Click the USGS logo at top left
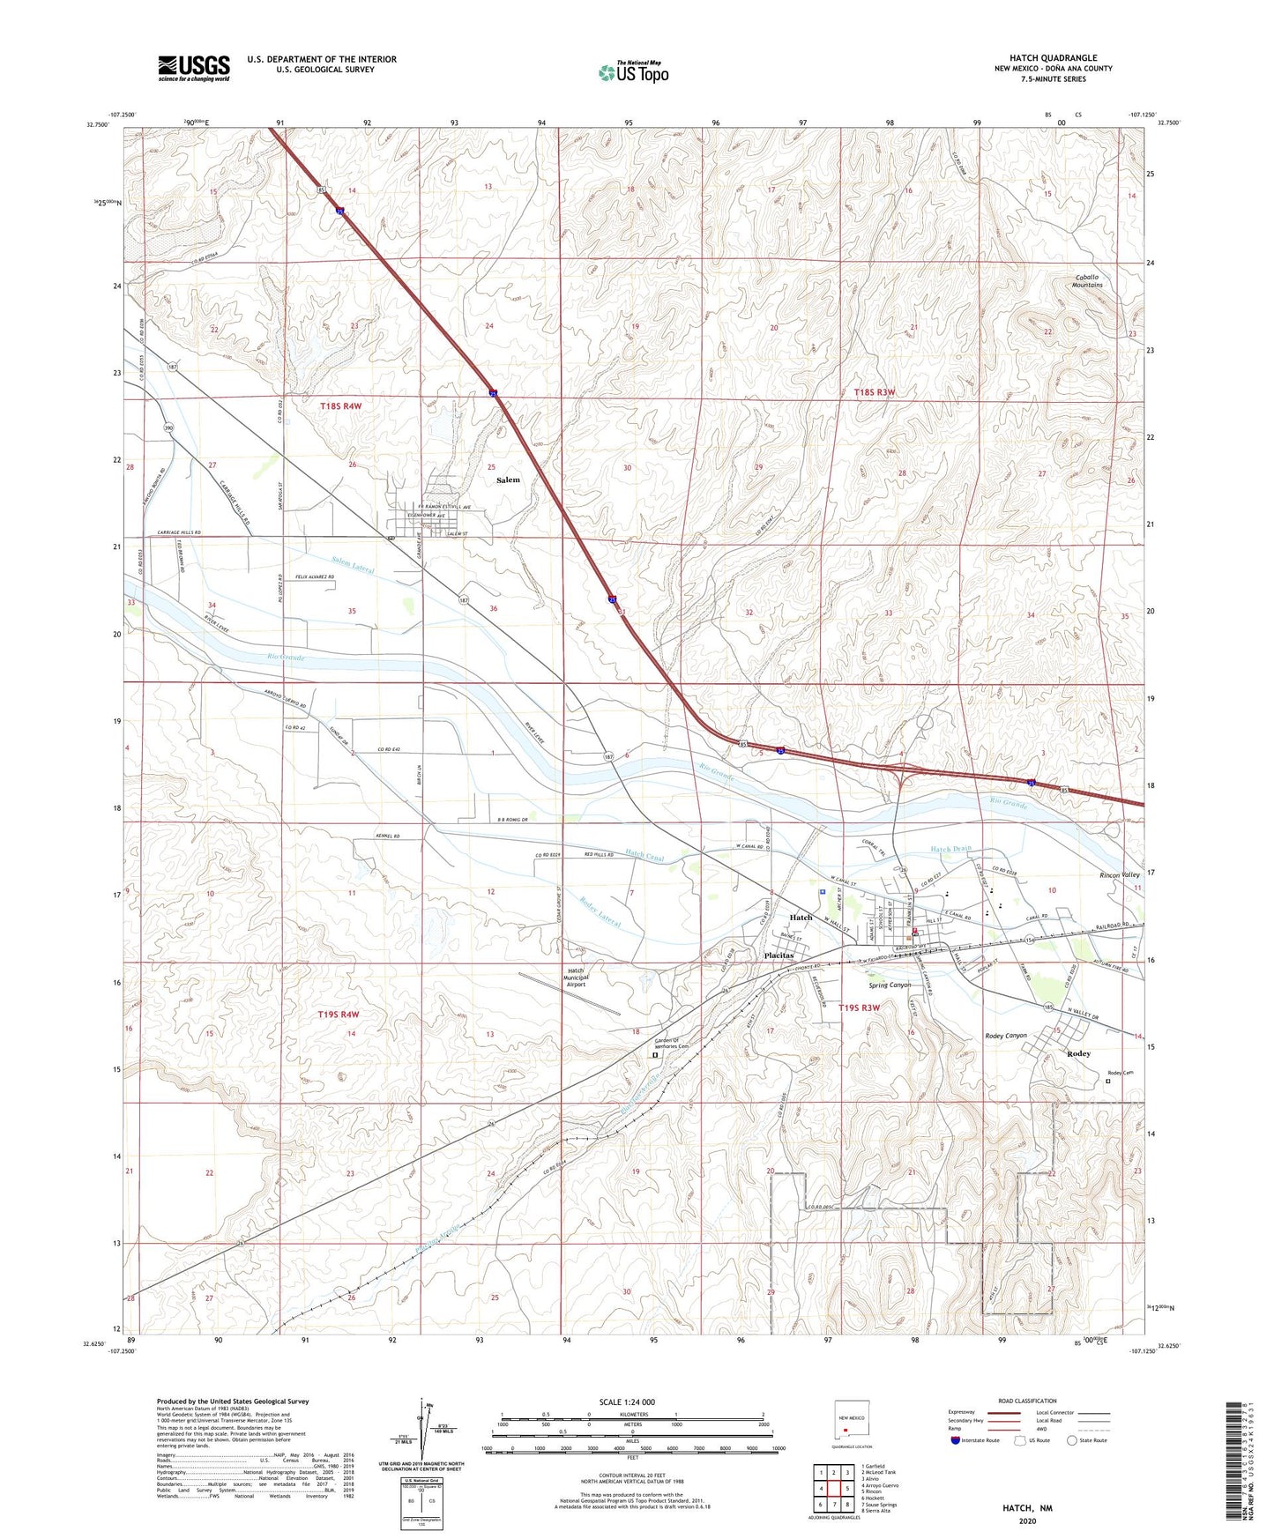pyautogui.click(x=193, y=68)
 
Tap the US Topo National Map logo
pyautogui.click(x=633, y=72)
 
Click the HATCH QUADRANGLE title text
pyautogui.click(x=1053, y=58)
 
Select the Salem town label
pyautogui.click(x=508, y=480)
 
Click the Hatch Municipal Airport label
pyautogui.click(x=576, y=978)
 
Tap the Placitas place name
pyautogui.click(x=779, y=955)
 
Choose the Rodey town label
pyautogui.click(x=1078, y=1054)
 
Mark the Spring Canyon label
pyautogui.click(x=890, y=985)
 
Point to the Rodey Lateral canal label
pyautogui.click(x=600, y=912)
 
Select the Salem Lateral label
pyautogui.click(x=353, y=564)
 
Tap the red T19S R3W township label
pyautogui.click(x=859, y=1007)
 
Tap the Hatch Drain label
pyautogui.click(x=950, y=849)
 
